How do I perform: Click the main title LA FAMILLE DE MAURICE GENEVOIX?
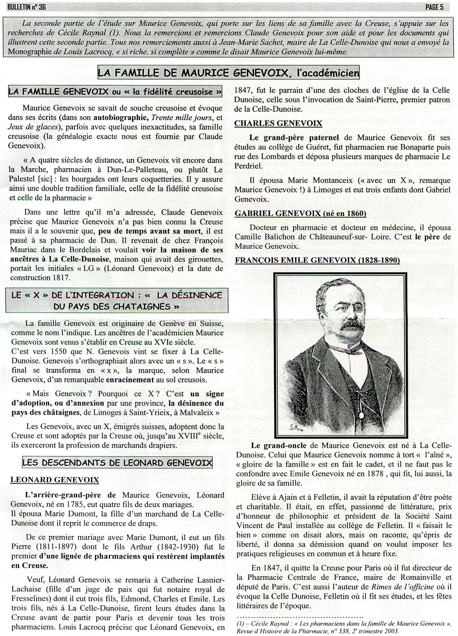coord(228,72)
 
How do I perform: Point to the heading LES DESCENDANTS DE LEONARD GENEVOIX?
coord(117,463)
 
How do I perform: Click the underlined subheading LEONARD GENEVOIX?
coord(55,480)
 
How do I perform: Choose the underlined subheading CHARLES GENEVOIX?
coord(278,123)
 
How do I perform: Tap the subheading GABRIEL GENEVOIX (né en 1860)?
coord(300,213)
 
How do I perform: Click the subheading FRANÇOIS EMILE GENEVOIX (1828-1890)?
coord(317,261)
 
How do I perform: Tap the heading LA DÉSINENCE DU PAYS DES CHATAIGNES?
coord(116,301)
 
